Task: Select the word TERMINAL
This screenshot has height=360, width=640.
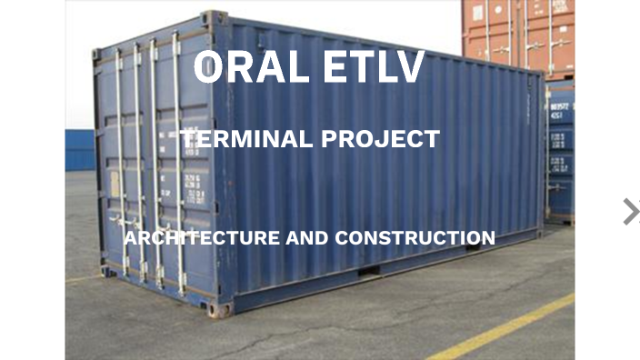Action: point(241,139)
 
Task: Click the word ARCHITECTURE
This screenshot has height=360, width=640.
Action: point(201,238)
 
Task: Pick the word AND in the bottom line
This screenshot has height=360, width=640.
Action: point(307,238)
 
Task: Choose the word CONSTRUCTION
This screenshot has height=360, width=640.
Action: point(415,238)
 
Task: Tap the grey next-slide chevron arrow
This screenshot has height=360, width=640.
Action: point(630,211)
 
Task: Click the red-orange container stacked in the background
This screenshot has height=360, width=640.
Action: point(518,36)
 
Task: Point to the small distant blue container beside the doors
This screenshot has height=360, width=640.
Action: point(79,150)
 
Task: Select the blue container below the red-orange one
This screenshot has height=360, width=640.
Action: point(560,150)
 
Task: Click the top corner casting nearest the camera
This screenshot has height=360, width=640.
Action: point(215,17)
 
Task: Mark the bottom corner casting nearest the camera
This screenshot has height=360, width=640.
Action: point(218,309)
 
